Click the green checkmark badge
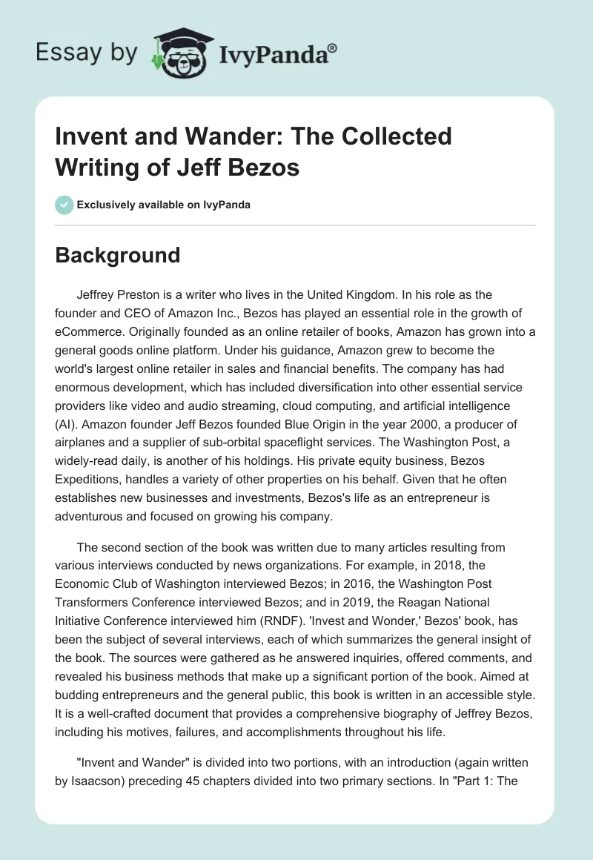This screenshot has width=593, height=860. (x=64, y=205)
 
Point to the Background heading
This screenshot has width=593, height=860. (x=118, y=255)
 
